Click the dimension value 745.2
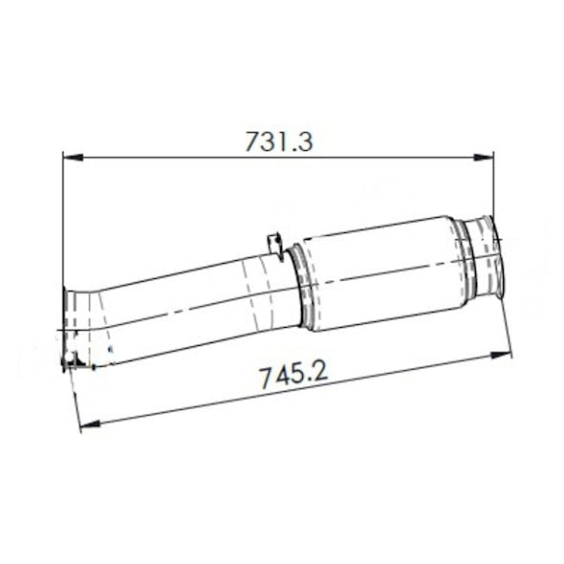click(293, 374)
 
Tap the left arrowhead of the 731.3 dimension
click(70, 156)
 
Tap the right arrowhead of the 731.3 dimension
click(487, 156)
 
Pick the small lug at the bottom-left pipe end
click(70, 360)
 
